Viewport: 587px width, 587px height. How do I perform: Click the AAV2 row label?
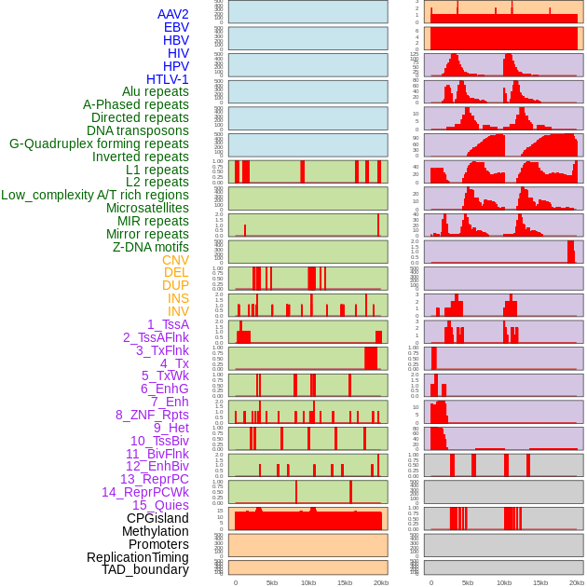[x=173, y=15]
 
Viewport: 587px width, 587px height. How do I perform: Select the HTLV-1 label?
[x=168, y=79]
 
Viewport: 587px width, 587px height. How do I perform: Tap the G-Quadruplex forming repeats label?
[x=99, y=143]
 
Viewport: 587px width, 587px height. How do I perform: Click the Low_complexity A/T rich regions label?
[x=95, y=195]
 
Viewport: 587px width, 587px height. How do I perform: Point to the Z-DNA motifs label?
[x=151, y=247]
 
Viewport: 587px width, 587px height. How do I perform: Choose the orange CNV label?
[x=175, y=260]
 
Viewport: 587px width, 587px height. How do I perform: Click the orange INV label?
[x=178, y=311]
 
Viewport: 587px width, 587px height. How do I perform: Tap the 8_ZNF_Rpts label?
[x=152, y=415]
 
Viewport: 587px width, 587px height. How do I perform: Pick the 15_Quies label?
[x=160, y=505]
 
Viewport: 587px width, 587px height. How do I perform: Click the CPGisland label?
[x=157, y=518]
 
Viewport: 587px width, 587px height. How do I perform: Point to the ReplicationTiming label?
[x=137, y=557]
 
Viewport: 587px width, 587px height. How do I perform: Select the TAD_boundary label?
[x=145, y=569]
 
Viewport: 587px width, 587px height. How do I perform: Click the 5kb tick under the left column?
[x=272, y=582]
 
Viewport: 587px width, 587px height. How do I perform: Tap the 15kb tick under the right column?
[x=539, y=582]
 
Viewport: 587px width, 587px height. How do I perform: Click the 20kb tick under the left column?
[x=381, y=582]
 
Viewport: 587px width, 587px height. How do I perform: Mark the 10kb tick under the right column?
[x=504, y=582]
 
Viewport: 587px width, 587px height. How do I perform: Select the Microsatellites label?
[x=147, y=208]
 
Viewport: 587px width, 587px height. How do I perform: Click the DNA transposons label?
[x=138, y=130]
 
